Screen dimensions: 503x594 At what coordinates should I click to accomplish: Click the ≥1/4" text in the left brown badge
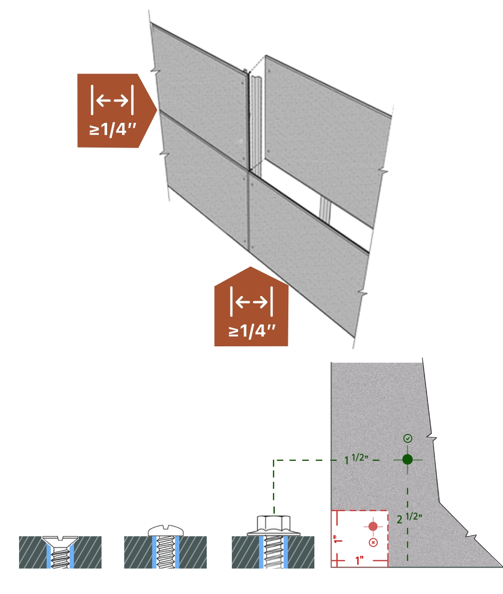tap(112, 129)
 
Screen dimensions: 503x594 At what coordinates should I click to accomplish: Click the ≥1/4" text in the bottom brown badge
tap(252, 331)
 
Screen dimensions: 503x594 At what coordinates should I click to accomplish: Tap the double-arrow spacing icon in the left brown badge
tap(112, 100)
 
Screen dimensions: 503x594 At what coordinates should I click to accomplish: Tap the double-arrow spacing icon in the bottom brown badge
tap(251, 302)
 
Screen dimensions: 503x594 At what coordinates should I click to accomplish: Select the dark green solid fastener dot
tap(407, 459)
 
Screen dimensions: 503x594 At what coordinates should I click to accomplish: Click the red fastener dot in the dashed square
tap(373, 526)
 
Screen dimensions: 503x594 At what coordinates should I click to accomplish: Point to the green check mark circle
tap(408, 438)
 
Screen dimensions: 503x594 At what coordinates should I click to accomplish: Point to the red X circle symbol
tap(373, 542)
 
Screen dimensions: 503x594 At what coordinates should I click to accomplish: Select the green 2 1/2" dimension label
tap(409, 518)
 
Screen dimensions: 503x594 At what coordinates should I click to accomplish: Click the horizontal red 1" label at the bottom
tap(359, 560)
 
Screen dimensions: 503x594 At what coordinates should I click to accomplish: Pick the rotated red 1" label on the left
tap(339, 539)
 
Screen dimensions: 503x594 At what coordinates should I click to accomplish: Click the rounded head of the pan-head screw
tap(166, 531)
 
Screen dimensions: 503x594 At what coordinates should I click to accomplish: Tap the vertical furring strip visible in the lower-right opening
tap(325, 209)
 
